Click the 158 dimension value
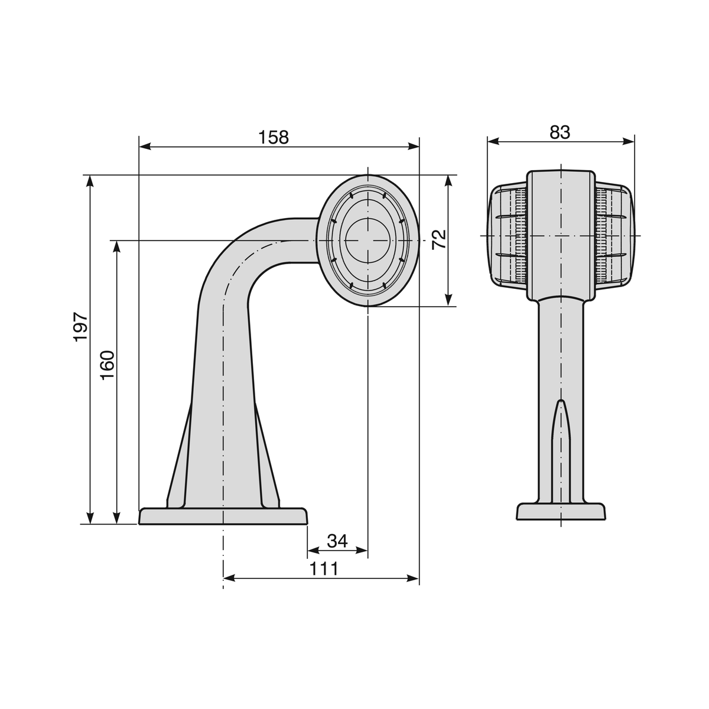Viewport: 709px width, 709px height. [x=274, y=137]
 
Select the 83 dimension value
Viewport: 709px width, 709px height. [x=560, y=132]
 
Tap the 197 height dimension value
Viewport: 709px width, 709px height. [x=81, y=327]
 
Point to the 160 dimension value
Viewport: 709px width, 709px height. [x=108, y=365]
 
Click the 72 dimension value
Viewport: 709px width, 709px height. [x=438, y=239]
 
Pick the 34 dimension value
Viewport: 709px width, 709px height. [x=337, y=541]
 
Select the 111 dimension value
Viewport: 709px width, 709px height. [x=323, y=569]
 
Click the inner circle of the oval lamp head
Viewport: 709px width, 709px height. [x=367, y=240]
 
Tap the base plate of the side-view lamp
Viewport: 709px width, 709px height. [x=223, y=516]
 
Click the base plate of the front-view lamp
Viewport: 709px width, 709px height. [x=561, y=512]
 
